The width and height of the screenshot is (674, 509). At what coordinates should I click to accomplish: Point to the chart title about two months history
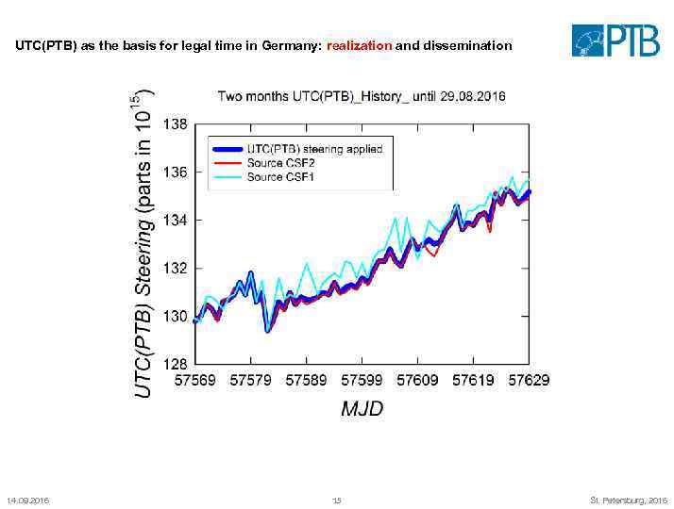click(x=362, y=96)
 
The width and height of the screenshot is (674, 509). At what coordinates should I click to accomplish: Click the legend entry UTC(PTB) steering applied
click(x=314, y=149)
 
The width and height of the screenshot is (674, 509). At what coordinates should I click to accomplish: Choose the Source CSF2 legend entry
click(x=280, y=163)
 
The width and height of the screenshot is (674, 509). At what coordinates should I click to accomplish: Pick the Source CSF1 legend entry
click(x=280, y=177)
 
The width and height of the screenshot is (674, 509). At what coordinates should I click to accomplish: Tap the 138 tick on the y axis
click(x=176, y=124)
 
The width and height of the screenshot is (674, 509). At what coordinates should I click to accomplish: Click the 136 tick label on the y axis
click(x=176, y=172)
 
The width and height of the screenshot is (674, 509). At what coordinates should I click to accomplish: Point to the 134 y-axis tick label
click(x=176, y=221)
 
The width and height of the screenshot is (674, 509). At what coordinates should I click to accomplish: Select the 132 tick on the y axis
click(x=176, y=269)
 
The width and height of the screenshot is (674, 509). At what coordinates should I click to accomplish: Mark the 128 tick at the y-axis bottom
click(x=176, y=363)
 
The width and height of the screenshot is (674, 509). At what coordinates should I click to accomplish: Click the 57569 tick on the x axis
click(x=195, y=381)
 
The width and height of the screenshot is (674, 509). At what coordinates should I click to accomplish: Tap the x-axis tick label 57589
click(x=306, y=381)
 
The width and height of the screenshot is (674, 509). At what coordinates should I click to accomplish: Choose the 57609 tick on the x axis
click(x=417, y=381)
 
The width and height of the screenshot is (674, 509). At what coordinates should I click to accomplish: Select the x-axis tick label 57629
click(x=528, y=381)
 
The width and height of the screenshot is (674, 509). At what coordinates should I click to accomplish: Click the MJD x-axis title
click(x=362, y=409)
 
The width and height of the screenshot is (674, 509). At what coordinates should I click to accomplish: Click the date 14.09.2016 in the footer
click(x=27, y=500)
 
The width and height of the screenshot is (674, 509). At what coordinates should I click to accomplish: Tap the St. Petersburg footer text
click(x=628, y=500)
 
